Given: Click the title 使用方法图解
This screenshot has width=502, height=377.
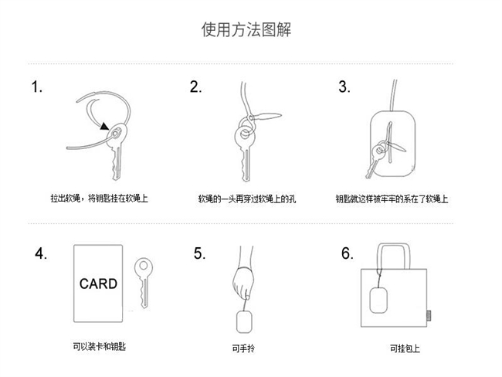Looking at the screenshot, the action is coord(246,29).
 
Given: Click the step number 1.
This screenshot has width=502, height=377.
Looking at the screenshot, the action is coord(36,87).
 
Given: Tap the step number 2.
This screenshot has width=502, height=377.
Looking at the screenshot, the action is coord(195,87).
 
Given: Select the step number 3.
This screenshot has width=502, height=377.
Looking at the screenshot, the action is coord(344,87).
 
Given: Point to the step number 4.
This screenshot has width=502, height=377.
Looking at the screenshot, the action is coord(41,253).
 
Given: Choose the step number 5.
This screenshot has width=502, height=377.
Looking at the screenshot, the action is coord(199,253).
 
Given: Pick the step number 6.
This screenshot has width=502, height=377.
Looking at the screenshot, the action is coord(348,253).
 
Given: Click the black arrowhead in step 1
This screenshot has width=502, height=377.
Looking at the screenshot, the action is coord(104,126).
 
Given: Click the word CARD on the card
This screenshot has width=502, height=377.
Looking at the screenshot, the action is coord(98,284).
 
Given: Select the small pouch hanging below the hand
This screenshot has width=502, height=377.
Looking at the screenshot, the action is coord(244,322).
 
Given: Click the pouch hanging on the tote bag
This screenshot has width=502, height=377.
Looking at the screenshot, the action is coord(378,300).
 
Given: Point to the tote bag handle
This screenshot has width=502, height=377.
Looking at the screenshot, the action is coord(393,245).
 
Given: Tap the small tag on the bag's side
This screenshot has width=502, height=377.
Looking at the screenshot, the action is coord(429,315).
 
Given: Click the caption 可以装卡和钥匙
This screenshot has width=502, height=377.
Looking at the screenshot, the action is coord(100,346).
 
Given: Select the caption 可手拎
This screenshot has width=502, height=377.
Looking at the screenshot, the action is coord(243,348).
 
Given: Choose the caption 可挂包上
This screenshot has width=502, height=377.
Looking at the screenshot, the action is coord(405,348).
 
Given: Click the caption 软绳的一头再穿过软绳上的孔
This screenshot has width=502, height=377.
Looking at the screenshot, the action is coord(247,199).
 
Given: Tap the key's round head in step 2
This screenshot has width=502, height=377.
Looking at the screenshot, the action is coord(246,135).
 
